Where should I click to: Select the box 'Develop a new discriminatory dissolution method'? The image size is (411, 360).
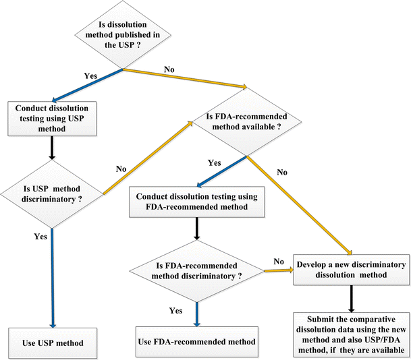[350, 270]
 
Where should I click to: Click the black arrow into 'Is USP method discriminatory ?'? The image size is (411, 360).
[52, 148]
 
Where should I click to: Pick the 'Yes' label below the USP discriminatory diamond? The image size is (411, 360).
[40, 237]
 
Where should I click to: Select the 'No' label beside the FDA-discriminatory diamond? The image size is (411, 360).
[277, 261]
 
